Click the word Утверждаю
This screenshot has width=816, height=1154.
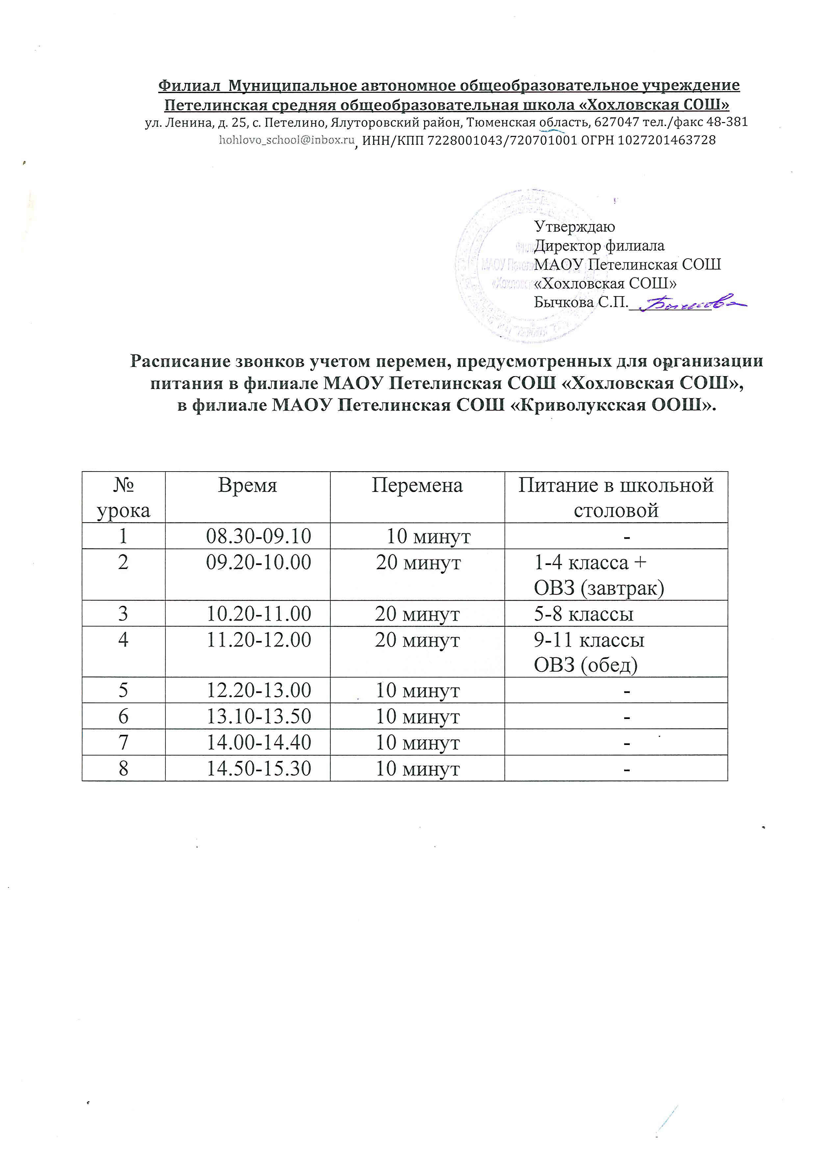pyautogui.click(x=574, y=227)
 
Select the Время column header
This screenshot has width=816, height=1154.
pyautogui.click(x=247, y=486)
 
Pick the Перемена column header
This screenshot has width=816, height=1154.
pyautogui.click(x=417, y=486)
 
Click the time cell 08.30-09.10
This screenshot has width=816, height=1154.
pyautogui.click(x=259, y=536)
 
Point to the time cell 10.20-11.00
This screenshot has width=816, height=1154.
pyautogui.click(x=259, y=614)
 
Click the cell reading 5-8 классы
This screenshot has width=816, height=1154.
pyautogui.click(x=583, y=614)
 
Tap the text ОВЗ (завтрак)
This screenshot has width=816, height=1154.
pyautogui.click(x=599, y=588)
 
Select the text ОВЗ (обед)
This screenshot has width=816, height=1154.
pyautogui.click(x=585, y=665)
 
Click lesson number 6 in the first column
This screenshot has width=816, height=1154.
pyautogui.click(x=123, y=716)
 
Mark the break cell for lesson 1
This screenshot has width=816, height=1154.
pyautogui.click(x=428, y=536)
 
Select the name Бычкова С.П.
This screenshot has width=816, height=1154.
pyautogui.click(x=581, y=302)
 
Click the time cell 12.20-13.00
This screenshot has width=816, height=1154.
pyautogui.click(x=259, y=691)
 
